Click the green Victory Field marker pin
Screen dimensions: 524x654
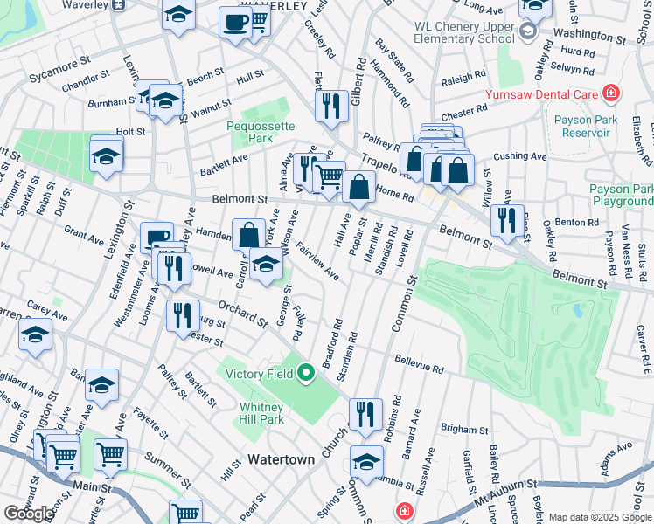(x=305, y=374)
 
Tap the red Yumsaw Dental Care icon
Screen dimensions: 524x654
(x=610, y=94)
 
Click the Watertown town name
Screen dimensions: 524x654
(x=281, y=458)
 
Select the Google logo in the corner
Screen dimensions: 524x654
(x=29, y=514)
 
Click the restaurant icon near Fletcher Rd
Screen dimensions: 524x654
(x=330, y=106)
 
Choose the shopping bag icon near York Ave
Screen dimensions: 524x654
(x=248, y=234)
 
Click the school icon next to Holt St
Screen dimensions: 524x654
(x=107, y=155)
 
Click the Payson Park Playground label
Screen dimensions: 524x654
(x=620, y=195)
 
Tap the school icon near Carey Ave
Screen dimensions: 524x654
(x=35, y=334)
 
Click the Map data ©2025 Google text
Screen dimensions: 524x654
(x=600, y=517)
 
